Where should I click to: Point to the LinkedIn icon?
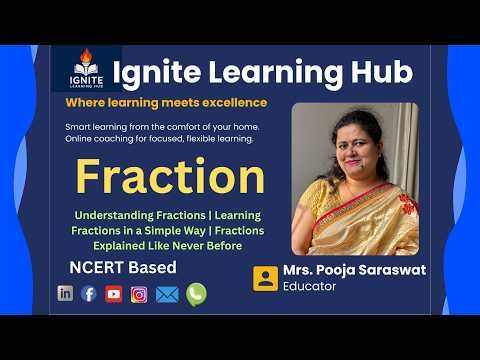click(x=66, y=293)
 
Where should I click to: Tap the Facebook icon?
click(x=89, y=293)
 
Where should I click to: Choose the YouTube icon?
click(x=114, y=293)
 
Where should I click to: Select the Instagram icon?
click(x=139, y=293)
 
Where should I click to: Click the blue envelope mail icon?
click(x=167, y=293)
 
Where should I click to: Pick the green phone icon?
click(x=196, y=293)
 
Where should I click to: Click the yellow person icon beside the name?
click(x=265, y=278)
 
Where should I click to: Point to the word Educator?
click(x=311, y=288)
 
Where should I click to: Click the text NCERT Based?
click(x=123, y=267)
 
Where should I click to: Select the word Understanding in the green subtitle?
click(x=111, y=214)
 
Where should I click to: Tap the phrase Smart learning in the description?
click(x=97, y=127)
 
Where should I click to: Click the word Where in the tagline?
click(x=83, y=102)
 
